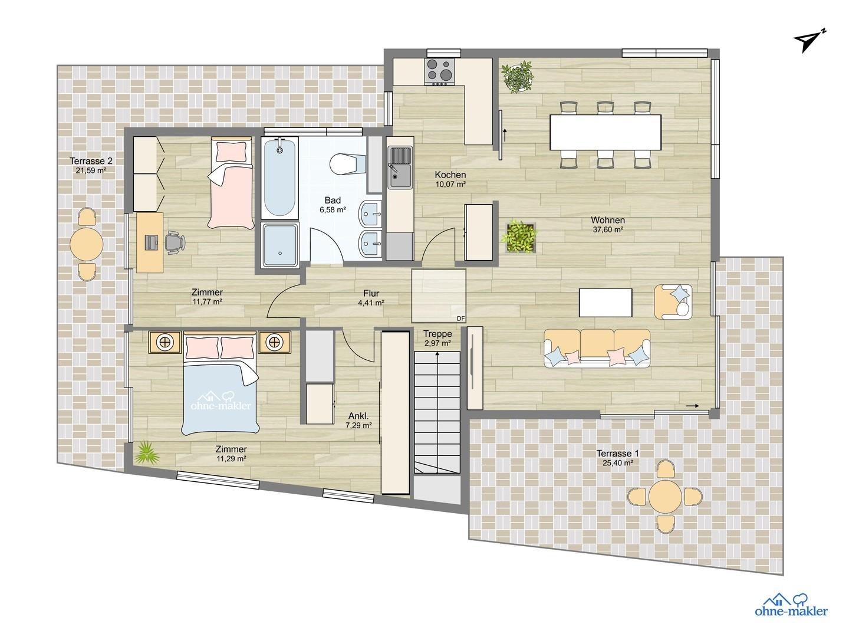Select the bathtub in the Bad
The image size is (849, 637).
pos(279,178)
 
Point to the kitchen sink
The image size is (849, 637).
pos(400,167)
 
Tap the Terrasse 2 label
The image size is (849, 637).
pos(91,160)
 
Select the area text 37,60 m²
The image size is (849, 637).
pos(608,231)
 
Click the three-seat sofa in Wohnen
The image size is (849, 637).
pos(597,348)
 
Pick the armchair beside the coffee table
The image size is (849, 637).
pos(674,301)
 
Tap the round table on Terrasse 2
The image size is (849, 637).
pos(87,244)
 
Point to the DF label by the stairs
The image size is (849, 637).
pos(460,318)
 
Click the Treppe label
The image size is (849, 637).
pos(437,334)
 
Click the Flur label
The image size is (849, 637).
pos(371,293)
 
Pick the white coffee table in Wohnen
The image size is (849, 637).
pos(606,301)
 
